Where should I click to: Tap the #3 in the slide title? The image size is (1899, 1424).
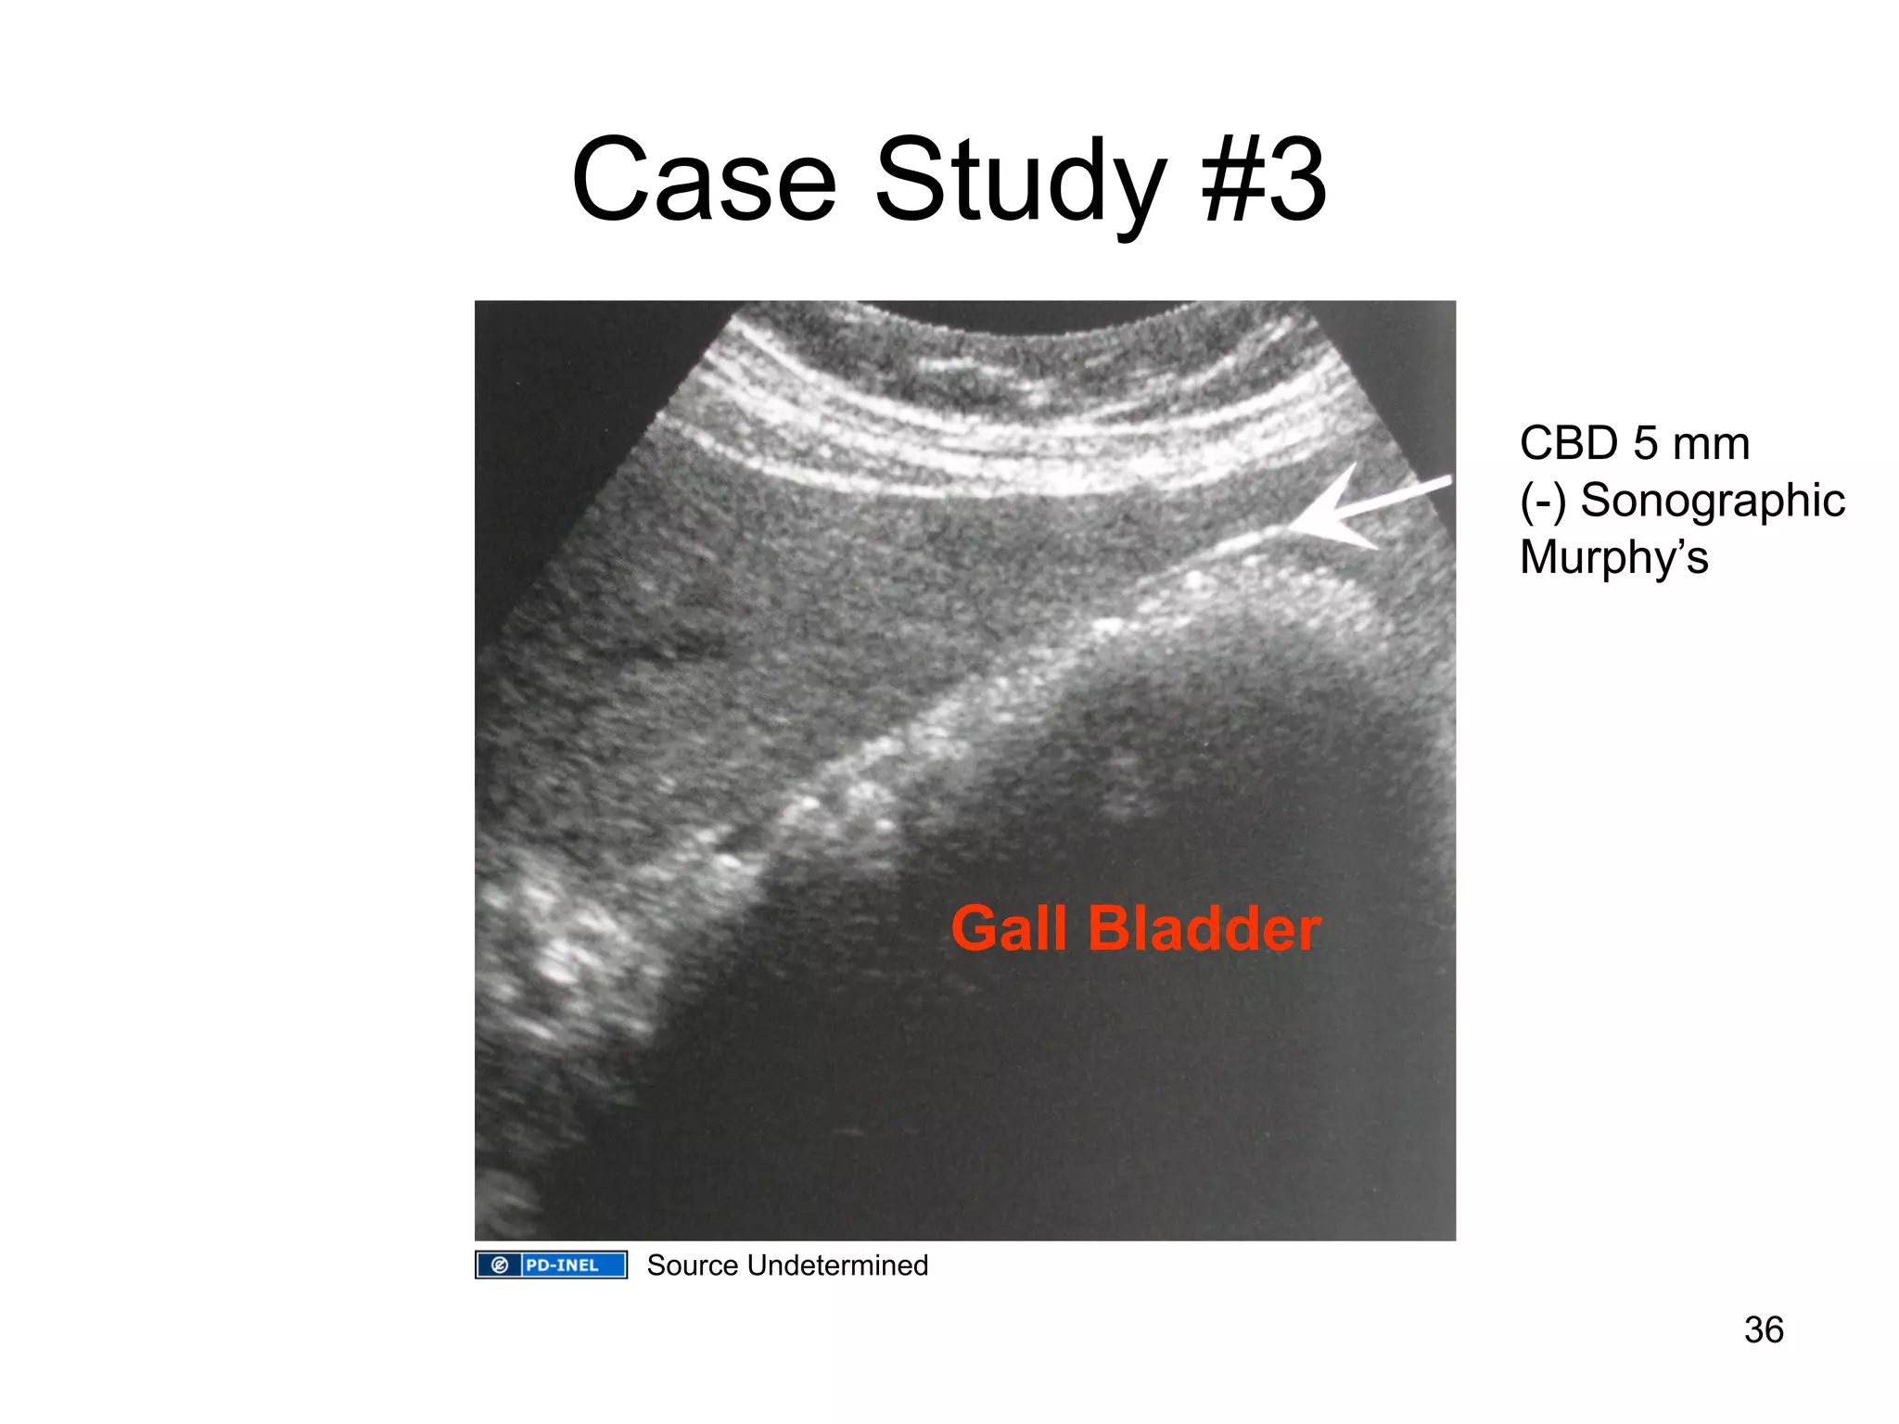[1263, 181]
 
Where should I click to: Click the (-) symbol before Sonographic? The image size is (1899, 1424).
[1542, 501]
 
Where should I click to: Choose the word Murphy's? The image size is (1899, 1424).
[1613, 558]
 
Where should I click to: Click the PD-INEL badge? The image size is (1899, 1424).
[551, 1265]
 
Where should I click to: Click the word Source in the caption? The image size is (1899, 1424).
[692, 1265]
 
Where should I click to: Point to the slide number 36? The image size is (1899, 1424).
[1763, 1329]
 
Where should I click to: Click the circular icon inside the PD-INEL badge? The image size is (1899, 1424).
[499, 1265]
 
